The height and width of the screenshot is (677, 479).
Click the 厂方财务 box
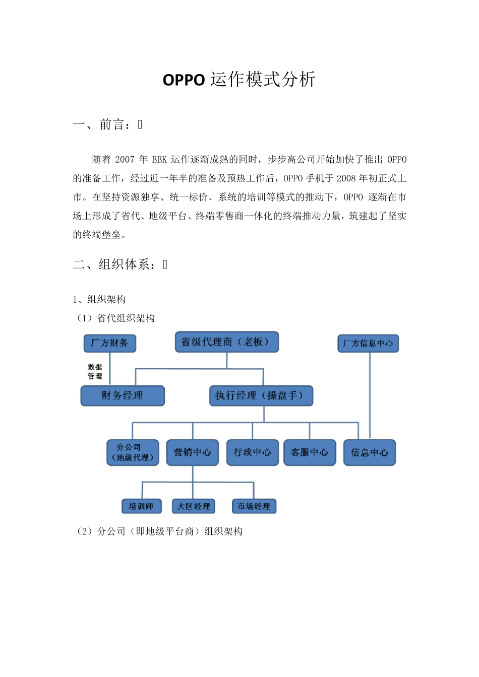tap(109, 344)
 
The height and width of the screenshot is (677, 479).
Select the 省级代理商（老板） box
tap(226, 342)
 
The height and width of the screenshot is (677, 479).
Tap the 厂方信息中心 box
tap(368, 344)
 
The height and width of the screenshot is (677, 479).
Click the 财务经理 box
tap(123, 395)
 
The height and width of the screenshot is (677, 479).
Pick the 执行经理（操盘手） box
tap(261, 395)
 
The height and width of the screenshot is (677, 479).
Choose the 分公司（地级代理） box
tap(133, 452)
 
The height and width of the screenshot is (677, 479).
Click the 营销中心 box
tap(193, 452)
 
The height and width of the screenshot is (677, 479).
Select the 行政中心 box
tap(252, 452)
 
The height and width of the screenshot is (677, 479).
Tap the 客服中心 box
tap(310, 452)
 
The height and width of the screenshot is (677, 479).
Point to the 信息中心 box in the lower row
tap(370, 452)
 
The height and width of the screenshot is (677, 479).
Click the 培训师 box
tap(142, 506)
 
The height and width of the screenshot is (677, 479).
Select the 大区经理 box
tap(194, 506)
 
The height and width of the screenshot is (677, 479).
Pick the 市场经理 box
tap(254, 506)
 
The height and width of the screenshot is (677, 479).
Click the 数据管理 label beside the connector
tap(95, 372)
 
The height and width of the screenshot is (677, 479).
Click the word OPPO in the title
tap(184, 80)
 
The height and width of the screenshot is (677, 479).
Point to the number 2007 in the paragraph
tap(125, 160)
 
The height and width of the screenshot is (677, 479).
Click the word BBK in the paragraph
tap(159, 160)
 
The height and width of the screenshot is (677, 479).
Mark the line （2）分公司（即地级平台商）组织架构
tap(159, 531)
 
